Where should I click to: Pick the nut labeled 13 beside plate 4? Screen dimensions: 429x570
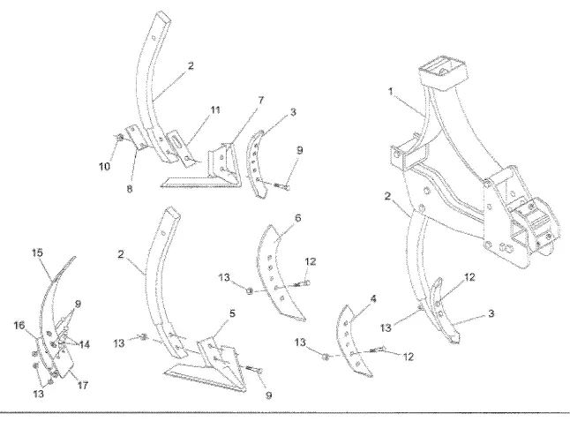[x=325, y=357]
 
